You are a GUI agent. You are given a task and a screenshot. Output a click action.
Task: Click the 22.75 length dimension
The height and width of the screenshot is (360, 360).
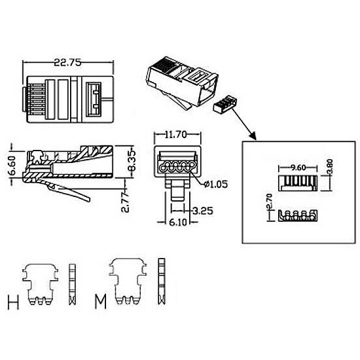pyautogui.click(x=67, y=62)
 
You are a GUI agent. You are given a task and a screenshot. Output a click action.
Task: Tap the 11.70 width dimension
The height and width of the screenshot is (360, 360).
pyautogui.click(x=176, y=135)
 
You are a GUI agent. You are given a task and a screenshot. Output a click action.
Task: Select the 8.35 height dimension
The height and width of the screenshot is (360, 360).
pyautogui.click(x=132, y=161)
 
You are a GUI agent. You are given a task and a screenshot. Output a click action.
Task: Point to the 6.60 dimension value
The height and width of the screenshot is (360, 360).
pyautogui.click(x=11, y=166)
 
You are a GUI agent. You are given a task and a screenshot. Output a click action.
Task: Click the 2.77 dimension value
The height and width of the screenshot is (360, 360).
pyautogui.click(x=126, y=202)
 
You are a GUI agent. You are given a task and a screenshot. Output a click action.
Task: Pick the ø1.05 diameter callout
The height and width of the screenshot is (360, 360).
pyautogui.click(x=216, y=184)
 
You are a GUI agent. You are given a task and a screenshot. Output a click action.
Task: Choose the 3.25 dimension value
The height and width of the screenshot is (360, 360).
pyautogui.click(x=203, y=211)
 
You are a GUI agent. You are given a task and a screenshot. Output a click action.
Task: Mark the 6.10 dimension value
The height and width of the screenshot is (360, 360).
pyautogui.click(x=178, y=223)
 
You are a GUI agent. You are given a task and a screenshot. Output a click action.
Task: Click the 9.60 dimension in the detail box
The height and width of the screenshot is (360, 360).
pyautogui.click(x=298, y=168)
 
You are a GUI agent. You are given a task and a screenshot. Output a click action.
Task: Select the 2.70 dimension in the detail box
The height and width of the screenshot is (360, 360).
pyautogui.click(x=269, y=202)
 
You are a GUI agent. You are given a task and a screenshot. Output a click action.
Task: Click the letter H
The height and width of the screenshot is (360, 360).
pyautogui.click(x=13, y=302)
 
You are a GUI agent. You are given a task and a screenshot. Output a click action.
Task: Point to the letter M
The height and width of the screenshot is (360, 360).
pyautogui.click(x=101, y=302)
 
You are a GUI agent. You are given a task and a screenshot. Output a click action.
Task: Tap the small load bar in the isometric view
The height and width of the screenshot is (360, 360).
pyautogui.click(x=225, y=105)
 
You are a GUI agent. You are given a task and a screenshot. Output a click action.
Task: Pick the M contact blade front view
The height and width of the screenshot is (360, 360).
pyautogui.click(x=128, y=281)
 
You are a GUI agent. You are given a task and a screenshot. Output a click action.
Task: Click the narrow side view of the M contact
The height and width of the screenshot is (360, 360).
pyautogui.click(x=162, y=281)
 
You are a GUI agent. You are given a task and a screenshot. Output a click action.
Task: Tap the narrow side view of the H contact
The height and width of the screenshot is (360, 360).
pyautogui.click(x=72, y=285)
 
